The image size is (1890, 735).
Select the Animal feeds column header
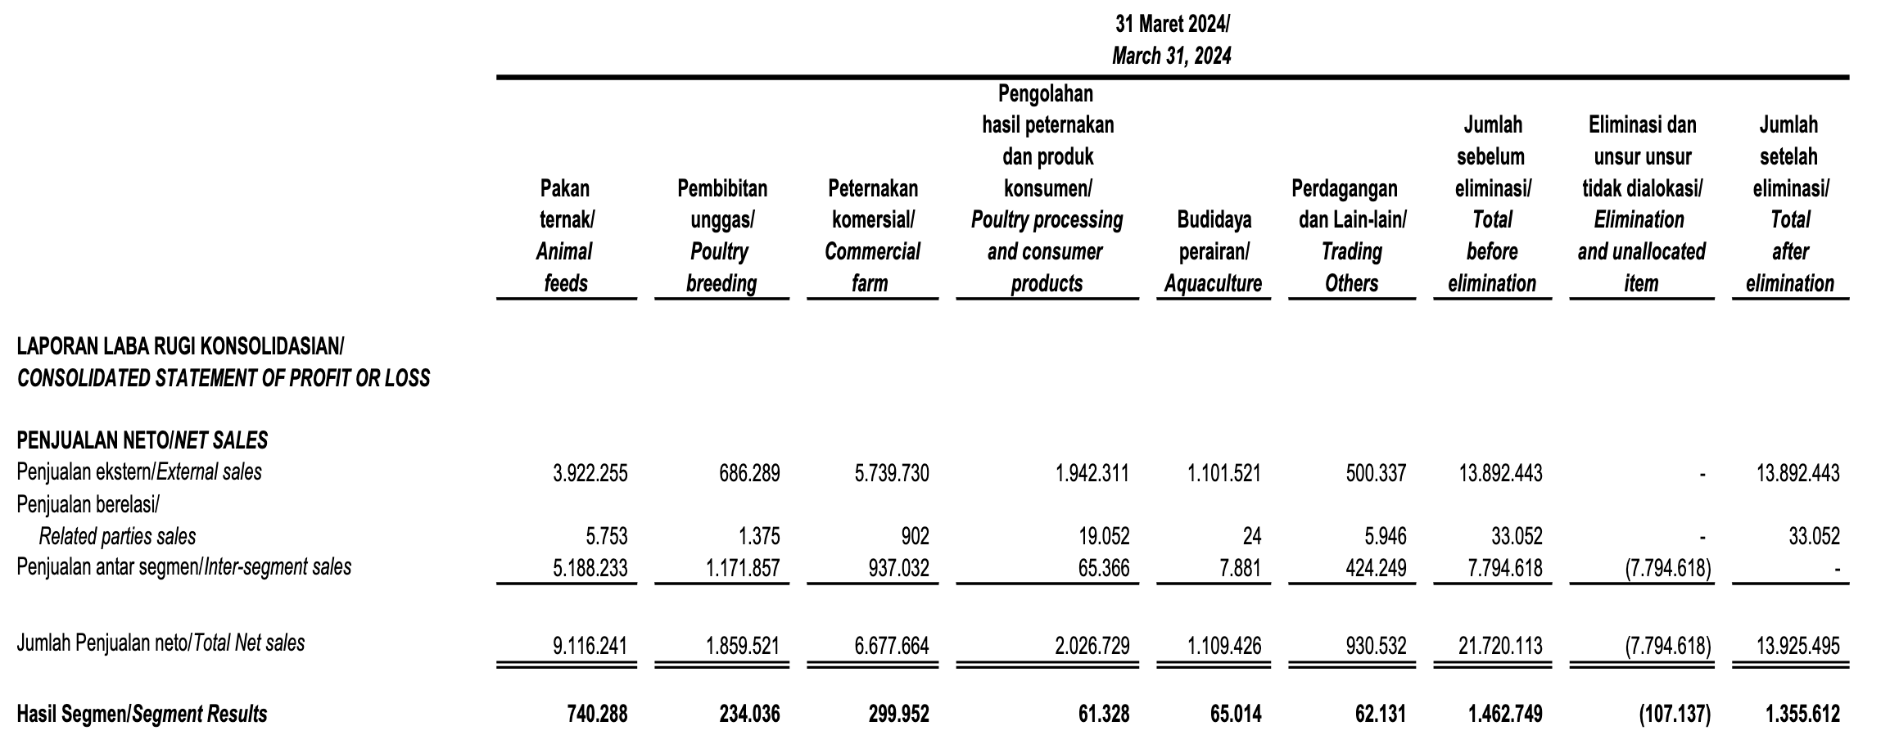coord(566,236)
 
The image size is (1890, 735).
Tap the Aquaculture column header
coord(1213,251)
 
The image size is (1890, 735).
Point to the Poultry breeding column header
coord(721,236)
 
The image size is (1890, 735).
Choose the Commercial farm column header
coord(872,236)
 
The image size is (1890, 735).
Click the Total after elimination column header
coord(1790,205)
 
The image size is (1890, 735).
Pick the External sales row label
coord(139,472)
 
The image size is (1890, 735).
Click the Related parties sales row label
coord(117,536)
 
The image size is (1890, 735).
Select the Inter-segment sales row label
coord(184,567)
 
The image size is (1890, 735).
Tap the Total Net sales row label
coord(161,643)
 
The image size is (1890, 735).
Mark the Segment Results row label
coord(142,715)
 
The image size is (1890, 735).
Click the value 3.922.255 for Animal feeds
coord(590,473)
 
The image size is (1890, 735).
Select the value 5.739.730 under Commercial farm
coord(891,473)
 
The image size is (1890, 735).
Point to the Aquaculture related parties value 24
coord(1251,537)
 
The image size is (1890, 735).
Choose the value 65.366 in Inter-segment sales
coord(1103,568)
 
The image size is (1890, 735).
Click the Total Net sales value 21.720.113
coord(1500,646)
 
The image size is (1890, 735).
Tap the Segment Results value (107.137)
coord(1675,715)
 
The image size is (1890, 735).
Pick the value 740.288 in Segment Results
coord(597,715)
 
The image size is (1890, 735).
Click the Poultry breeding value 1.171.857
coord(743,568)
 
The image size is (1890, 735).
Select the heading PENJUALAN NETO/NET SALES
coord(142,441)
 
